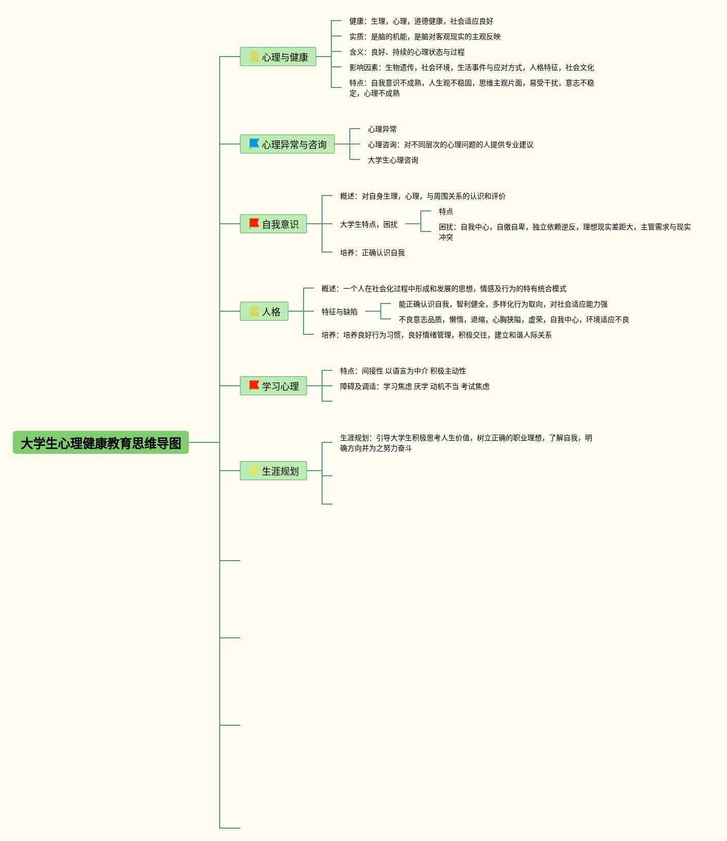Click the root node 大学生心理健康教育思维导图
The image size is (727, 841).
(x=101, y=443)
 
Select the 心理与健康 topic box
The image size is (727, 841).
(x=278, y=57)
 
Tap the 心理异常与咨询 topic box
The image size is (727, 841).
(x=288, y=145)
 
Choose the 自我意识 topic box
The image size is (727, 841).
(x=274, y=224)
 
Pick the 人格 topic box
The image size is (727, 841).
(x=264, y=312)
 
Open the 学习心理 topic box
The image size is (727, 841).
(x=274, y=386)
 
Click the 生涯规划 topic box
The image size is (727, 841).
(x=274, y=471)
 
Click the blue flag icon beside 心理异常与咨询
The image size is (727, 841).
(x=254, y=144)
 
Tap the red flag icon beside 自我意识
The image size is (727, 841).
(x=254, y=224)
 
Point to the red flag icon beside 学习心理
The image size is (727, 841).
(x=254, y=386)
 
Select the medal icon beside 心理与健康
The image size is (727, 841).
(x=254, y=57)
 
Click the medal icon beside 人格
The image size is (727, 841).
(x=254, y=311)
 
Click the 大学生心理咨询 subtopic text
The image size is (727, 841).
(x=393, y=160)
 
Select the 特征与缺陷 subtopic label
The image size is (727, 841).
(x=340, y=312)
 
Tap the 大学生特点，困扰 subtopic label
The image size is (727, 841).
(x=369, y=225)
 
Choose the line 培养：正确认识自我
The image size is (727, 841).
(x=373, y=253)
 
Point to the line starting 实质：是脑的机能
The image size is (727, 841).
(x=425, y=37)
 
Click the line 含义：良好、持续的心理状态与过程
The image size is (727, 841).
(x=407, y=52)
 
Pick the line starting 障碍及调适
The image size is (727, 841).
(x=415, y=387)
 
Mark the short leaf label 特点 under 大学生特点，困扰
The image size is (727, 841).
(x=446, y=212)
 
